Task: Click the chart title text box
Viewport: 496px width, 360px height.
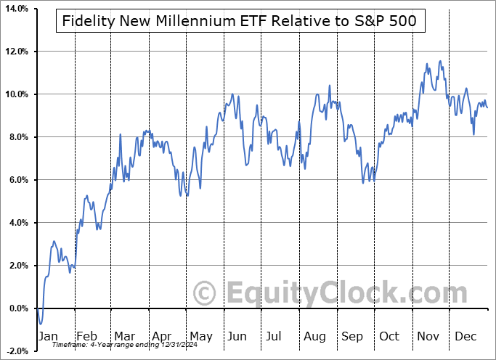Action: (x=240, y=21)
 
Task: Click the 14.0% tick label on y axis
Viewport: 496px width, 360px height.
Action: (x=16, y=9)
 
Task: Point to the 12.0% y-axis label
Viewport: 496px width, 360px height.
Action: (x=16, y=52)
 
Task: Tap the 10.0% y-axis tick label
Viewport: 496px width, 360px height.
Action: (x=16, y=94)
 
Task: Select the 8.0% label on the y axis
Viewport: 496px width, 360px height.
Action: (x=17, y=137)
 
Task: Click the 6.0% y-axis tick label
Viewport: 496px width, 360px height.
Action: (x=17, y=180)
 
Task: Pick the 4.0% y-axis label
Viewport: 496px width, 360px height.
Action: (x=17, y=223)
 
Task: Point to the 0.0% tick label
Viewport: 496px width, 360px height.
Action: (x=17, y=308)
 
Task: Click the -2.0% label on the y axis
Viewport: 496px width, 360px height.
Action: (x=16, y=351)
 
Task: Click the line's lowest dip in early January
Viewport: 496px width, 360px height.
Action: (x=41, y=324)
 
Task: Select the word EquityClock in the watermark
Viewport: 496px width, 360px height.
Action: (x=337, y=294)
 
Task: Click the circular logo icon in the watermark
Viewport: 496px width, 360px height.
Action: (x=207, y=294)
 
